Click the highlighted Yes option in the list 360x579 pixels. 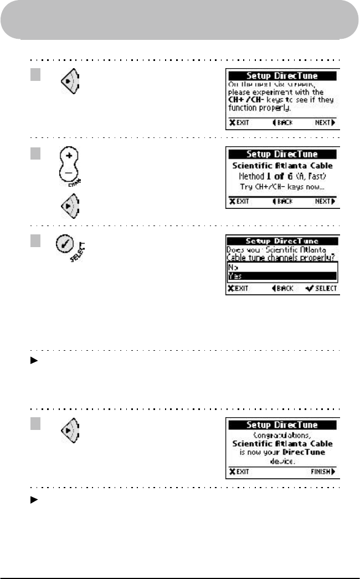tap(282, 275)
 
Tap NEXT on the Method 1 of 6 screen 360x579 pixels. tap(324, 202)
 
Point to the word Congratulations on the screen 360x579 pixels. tap(282, 435)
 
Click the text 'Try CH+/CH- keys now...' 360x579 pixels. tap(282, 188)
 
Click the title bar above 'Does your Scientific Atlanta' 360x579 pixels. tap(282, 242)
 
